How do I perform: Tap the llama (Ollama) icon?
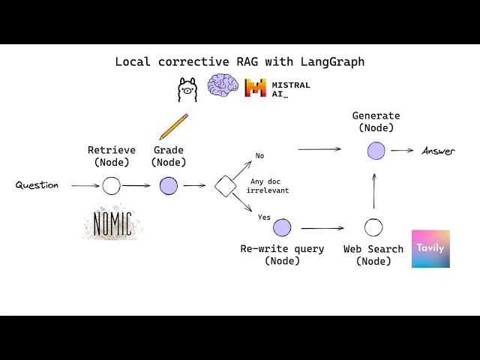(187, 89)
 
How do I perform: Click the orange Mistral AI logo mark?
(256, 88)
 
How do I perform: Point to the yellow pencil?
(173, 127)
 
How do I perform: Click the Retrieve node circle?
(111, 186)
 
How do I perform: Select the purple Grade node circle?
(169, 186)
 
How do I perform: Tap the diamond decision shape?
(226, 185)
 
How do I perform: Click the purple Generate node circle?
(376, 151)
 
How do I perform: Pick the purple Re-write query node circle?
(282, 227)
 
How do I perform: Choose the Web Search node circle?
(373, 227)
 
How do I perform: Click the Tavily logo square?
(430, 249)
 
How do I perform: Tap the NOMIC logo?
(112, 223)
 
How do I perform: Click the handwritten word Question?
(37, 185)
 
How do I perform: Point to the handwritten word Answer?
(438, 151)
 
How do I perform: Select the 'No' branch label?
(259, 156)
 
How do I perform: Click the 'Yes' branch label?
(264, 217)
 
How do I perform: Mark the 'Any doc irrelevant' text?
(269, 185)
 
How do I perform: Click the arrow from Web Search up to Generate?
(374, 190)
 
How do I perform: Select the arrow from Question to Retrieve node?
(85, 185)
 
